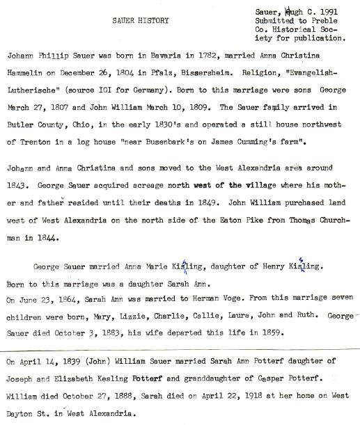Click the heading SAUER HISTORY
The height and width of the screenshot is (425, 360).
[x=140, y=21]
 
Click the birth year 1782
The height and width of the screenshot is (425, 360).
[x=194, y=54]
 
